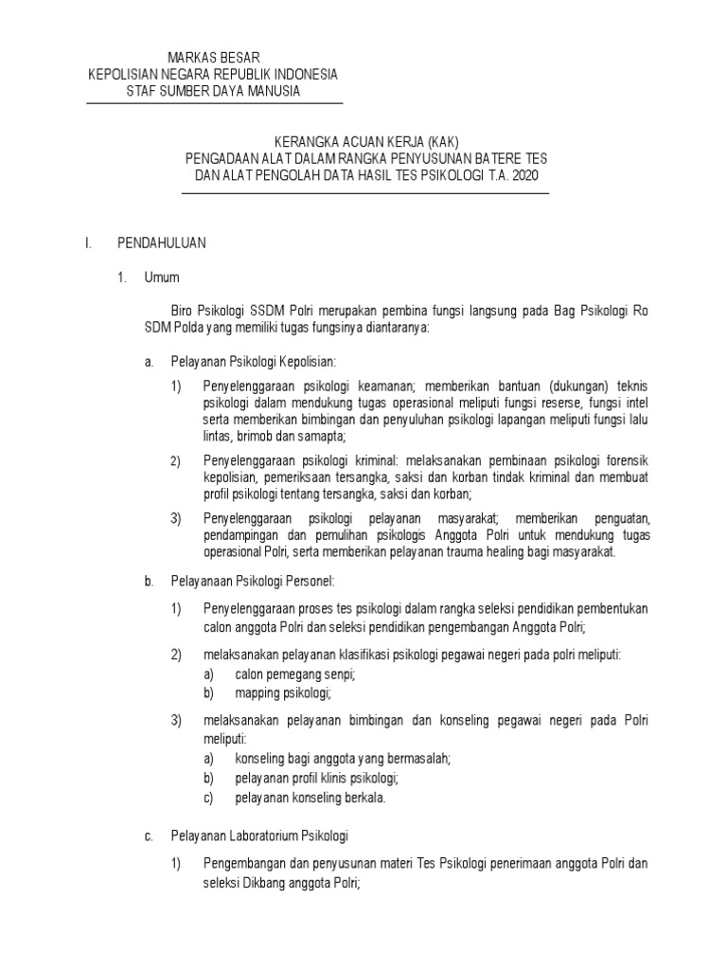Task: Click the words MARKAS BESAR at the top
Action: pyautogui.click(x=213, y=57)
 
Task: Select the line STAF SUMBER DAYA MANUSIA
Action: pyautogui.click(x=213, y=91)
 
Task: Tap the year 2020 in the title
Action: pyautogui.click(x=532, y=176)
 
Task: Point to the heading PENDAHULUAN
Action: pyautogui.click(x=161, y=243)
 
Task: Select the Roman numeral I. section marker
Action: pyautogui.click(x=88, y=243)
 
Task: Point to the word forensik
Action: pyautogui.click(x=621, y=460)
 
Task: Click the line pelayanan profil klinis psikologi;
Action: pyautogui.click(x=316, y=778)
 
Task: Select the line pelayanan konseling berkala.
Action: pyautogui.click(x=310, y=797)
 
